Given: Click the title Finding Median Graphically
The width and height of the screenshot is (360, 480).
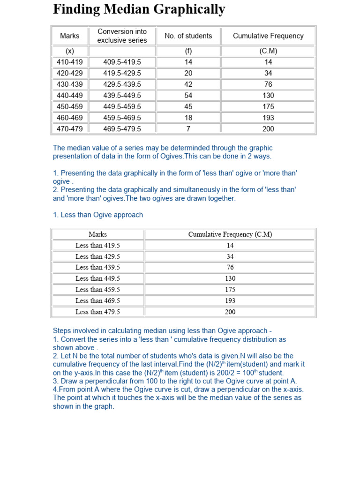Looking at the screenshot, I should (x=139, y=9).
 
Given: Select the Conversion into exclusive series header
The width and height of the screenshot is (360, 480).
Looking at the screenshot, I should (x=122, y=36).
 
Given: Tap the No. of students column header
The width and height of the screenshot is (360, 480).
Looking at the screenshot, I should (x=188, y=36).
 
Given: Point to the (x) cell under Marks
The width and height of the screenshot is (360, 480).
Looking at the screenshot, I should (x=70, y=51).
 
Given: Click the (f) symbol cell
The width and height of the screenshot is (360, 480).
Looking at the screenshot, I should (x=188, y=51).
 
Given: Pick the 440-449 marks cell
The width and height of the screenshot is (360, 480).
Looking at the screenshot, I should (x=70, y=95).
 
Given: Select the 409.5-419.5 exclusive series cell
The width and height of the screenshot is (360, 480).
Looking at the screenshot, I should (x=122, y=62).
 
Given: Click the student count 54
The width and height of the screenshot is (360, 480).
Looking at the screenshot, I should (x=188, y=95).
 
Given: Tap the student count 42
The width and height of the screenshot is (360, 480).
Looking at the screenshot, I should (x=188, y=84).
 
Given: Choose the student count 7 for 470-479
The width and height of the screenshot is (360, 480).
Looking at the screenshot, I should (x=188, y=129).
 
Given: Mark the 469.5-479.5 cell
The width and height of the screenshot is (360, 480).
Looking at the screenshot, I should (x=122, y=129).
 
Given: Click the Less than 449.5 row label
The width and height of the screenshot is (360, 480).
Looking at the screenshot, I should (x=97, y=278).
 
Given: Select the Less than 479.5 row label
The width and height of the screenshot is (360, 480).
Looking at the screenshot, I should (x=97, y=312).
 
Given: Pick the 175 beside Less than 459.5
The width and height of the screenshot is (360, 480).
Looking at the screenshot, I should (x=230, y=290).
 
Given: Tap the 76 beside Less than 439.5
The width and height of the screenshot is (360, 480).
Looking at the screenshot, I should (x=230, y=268).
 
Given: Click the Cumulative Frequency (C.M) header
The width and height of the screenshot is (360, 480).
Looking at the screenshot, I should (x=230, y=234).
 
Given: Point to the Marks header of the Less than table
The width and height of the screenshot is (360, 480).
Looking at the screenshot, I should (x=97, y=234).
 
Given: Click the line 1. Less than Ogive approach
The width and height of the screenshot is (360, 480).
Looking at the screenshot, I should (x=98, y=215).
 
